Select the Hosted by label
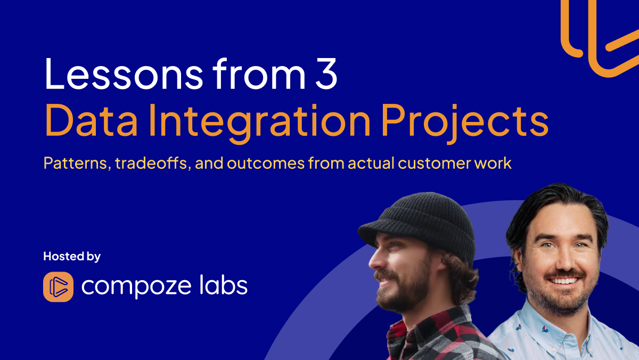[72, 256]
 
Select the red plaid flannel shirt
[431, 336]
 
